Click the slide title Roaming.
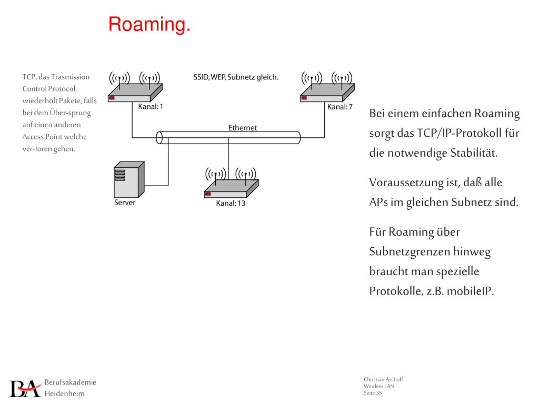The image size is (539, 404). coord(149,25)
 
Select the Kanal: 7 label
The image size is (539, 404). coord(340,107)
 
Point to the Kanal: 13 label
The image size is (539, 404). coord(231,204)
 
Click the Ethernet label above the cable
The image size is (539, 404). coord(243,128)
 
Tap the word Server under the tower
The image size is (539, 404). coord(125,203)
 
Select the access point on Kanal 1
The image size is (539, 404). coord(135,95)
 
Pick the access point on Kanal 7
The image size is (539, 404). coord(327,95)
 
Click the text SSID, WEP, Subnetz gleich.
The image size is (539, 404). coord(236,77)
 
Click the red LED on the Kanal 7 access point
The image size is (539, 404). coord(304,97)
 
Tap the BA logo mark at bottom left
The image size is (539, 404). coord(25,388)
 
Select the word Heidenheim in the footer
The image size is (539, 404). coord(64,393)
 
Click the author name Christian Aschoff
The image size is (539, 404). coord(383,380)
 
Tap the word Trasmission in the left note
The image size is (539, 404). coord(71,77)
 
